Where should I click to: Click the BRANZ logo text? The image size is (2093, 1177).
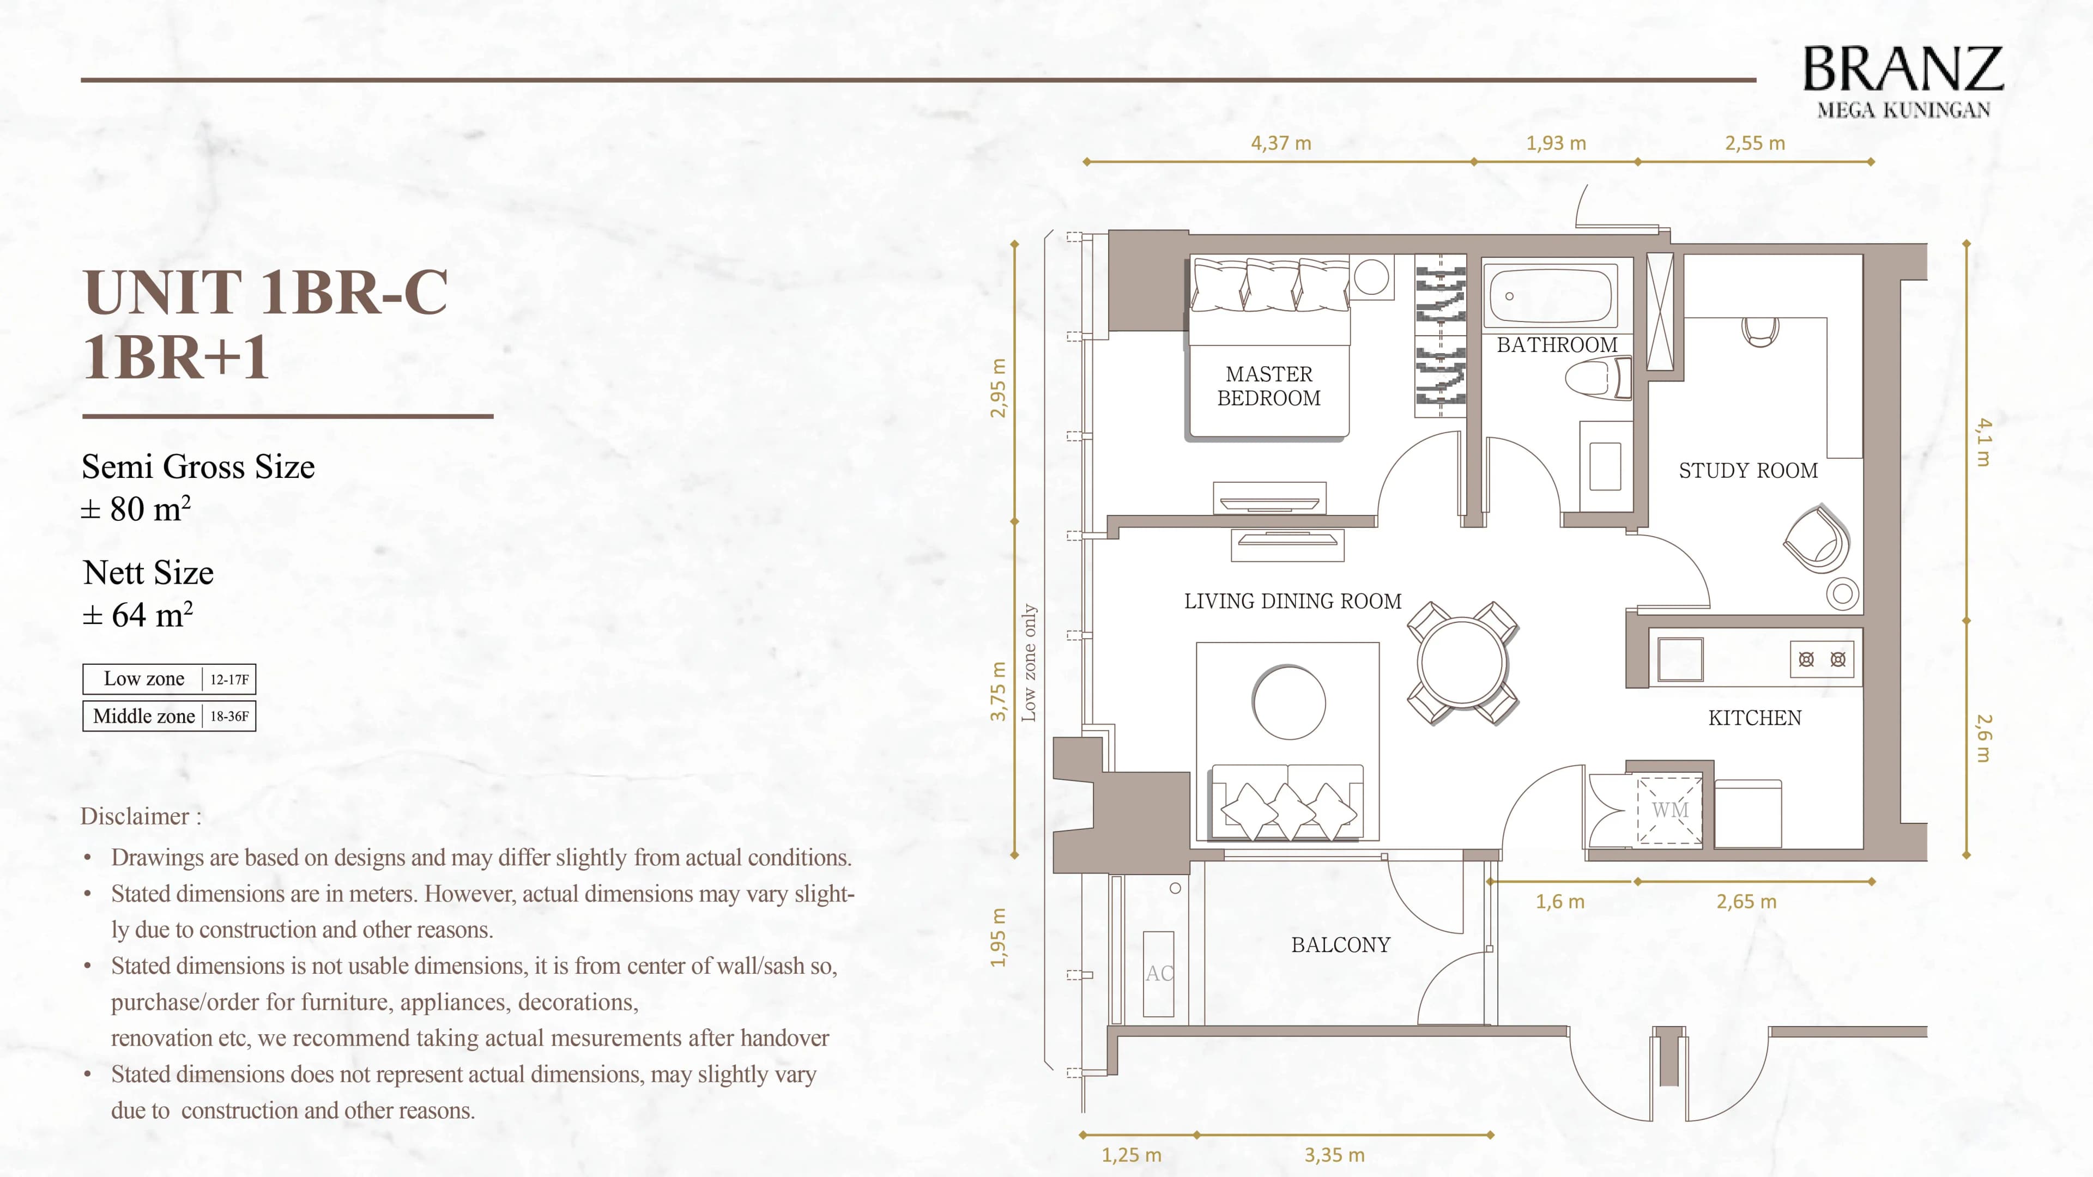tap(1902, 69)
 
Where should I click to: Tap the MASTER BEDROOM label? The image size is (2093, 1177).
tap(1268, 386)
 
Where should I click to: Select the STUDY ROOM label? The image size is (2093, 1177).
tap(1747, 470)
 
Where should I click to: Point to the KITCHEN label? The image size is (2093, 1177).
tap(1754, 718)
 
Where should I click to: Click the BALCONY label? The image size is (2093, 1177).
tap(1341, 945)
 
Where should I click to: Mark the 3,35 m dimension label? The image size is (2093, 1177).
tap(1334, 1154)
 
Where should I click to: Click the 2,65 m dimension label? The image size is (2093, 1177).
tap(1746, 902)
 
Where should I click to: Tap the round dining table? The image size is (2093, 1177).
tap(1462, 663)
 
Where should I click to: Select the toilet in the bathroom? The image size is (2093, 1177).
tap(1593, 379)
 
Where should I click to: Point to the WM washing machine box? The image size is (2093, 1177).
tap(1669, 810)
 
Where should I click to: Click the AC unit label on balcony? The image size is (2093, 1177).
tap(1159, 973)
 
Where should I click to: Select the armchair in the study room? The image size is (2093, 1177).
tap(1818, 540)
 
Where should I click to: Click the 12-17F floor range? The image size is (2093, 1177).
tap(229, 679)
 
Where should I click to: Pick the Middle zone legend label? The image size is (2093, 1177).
tap(144, 715)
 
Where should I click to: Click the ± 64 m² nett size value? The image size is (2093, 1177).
tap(137, 615)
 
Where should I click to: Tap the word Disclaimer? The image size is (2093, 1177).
tap(135, 816)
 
